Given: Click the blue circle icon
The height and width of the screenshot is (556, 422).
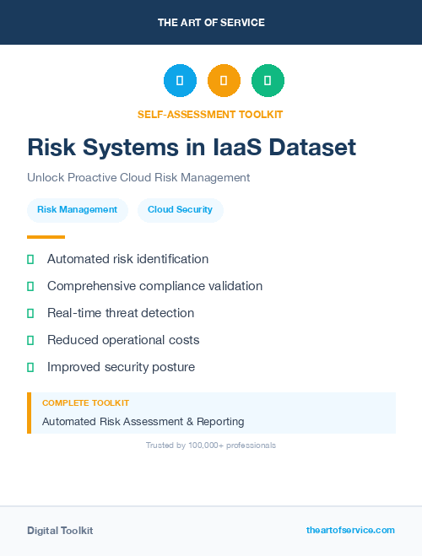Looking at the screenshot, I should point(180,80).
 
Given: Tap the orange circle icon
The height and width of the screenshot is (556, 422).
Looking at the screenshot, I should point(224,80).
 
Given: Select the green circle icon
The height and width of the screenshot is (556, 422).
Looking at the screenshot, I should point(268,80).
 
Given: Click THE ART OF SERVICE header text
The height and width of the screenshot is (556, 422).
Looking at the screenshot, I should point(211,23).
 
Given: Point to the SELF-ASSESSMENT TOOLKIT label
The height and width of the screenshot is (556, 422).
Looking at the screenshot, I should point(210,114).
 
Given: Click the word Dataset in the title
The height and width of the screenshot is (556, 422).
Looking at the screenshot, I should point(308,148).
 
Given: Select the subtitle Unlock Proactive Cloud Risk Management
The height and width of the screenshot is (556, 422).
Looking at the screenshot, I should point(138,178).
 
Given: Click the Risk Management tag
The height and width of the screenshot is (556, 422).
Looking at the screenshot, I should point(77,210).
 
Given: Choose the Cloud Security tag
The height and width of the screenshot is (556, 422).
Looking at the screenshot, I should point(180,210).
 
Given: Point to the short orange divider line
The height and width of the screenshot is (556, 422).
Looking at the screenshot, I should point(46,237).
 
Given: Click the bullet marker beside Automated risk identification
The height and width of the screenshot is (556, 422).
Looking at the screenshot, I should point(30,259).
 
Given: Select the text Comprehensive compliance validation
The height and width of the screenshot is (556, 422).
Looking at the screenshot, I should point(154,286).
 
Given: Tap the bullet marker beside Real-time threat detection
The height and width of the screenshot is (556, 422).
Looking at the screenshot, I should point(30,313).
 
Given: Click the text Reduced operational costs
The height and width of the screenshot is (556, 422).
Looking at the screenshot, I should point(123,340).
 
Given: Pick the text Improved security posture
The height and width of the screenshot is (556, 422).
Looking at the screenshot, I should point(121,367).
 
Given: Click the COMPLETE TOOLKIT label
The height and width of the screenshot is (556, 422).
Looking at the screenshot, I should point(85,403).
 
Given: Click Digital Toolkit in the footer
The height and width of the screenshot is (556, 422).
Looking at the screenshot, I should point(60,531).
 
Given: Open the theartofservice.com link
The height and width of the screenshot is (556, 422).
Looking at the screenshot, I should point(350,530).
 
